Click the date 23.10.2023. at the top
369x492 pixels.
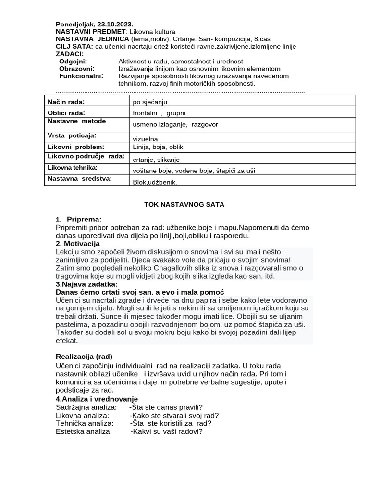click(115, 24)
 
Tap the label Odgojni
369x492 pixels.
click(73, 61)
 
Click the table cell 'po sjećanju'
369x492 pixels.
click(150, 102)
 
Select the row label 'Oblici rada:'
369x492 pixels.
click(66, 113)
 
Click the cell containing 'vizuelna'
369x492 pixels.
click(145, 139)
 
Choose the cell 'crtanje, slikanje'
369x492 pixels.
click(156, 160)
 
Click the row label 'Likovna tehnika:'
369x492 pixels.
click(73, 167)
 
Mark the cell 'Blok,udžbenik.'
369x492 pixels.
click(155, 182)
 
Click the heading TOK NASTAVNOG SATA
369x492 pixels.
click(184, 204)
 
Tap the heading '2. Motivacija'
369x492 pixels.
click(78, 244)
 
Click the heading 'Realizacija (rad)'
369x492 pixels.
click(84, 357)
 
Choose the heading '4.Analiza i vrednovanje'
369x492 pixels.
click(97, 399)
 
